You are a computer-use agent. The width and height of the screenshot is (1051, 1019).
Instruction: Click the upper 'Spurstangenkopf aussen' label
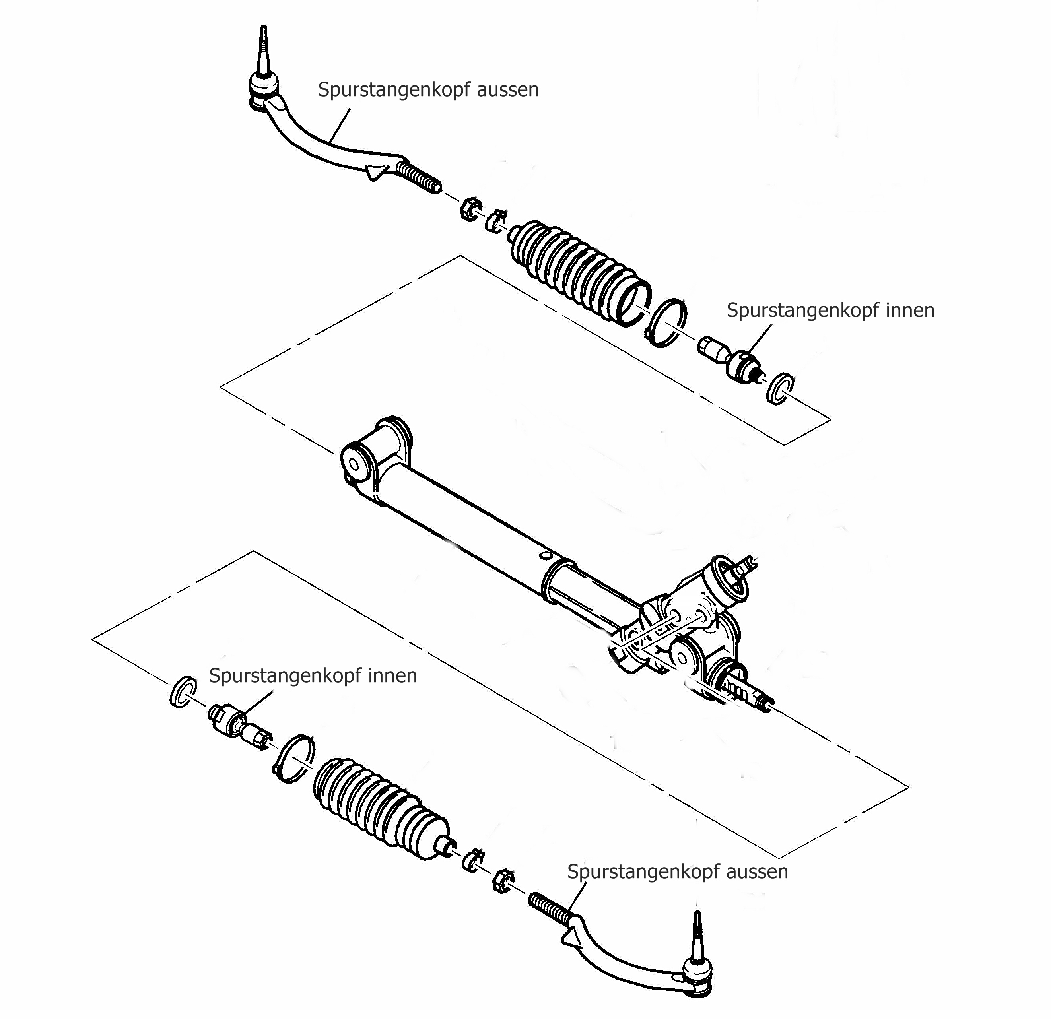click(x=428, y=89)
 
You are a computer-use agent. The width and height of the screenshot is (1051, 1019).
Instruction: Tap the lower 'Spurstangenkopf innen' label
click(x=313, y=675)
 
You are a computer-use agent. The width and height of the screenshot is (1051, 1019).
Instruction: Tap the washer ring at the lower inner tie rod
click(x=182, y=692)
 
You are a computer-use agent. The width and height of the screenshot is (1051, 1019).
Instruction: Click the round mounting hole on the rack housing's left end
click(x=354, y=464)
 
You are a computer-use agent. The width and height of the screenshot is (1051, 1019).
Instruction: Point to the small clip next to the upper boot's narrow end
click(x=496, y=220)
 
